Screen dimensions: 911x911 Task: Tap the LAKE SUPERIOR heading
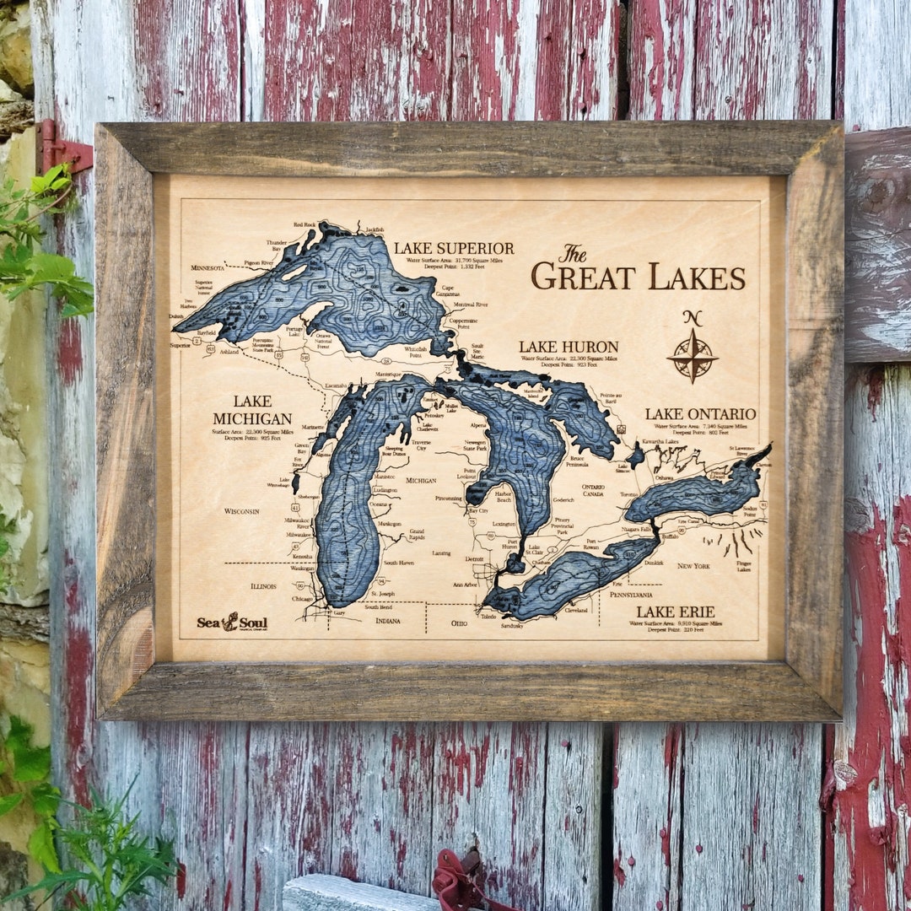(x=454, y=248)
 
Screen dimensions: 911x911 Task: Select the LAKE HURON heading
(x=569, y=347)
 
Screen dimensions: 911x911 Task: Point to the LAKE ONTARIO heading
(x=700, y=414)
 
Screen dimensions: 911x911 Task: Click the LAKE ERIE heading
(x=676, y=612)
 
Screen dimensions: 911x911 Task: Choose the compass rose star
(x=693, y=356)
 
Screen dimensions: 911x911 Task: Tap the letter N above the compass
(x=693, y=318)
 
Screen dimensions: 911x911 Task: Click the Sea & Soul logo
(x=232, y=623)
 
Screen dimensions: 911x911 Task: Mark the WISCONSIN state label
(x=247, y=511)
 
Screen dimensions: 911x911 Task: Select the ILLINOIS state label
(x=263, y=585)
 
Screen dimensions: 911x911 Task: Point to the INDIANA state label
(x=388, y=621)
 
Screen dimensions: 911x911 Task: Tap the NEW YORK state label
(x=693, y=565)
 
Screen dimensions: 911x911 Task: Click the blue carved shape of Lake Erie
(x=574, y=575)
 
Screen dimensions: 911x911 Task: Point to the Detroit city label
(x=475, y=558)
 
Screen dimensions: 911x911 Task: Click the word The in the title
(x=573, y=253)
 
